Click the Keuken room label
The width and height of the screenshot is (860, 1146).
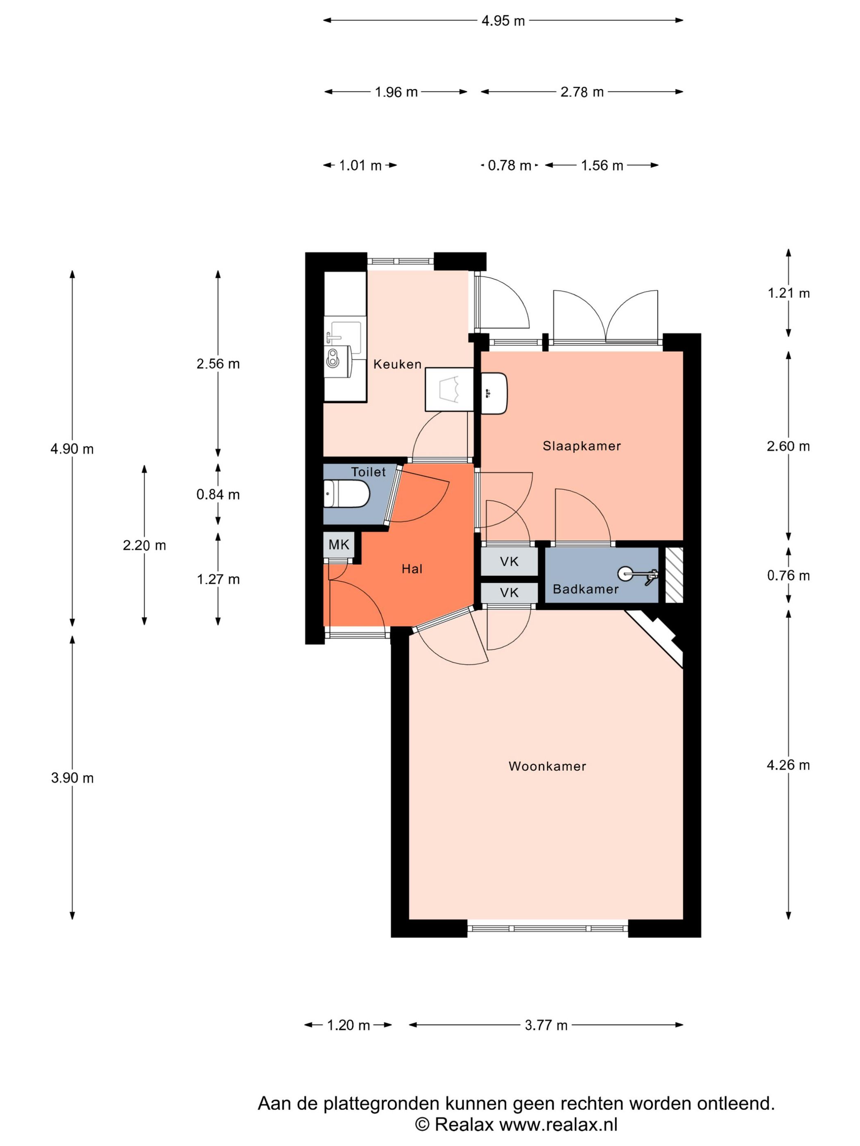(397, 364)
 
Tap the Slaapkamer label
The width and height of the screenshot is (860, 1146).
(582, 446)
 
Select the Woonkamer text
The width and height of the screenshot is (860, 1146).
(547, 766)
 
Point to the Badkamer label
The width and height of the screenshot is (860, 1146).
(585, 589)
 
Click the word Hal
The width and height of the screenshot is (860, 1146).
(412, 569)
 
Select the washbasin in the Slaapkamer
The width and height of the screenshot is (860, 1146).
(494, 393)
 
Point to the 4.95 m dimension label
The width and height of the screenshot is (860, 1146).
(503, 21)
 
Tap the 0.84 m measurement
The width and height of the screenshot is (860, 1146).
(218, 495)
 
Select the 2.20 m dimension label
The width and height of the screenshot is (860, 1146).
(144, 546)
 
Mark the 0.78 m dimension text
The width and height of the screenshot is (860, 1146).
(509, 166)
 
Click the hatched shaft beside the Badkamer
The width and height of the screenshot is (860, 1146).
(674, 575)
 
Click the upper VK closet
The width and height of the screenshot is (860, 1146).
(509, 562)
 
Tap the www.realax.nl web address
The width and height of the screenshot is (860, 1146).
(558, 1124)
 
